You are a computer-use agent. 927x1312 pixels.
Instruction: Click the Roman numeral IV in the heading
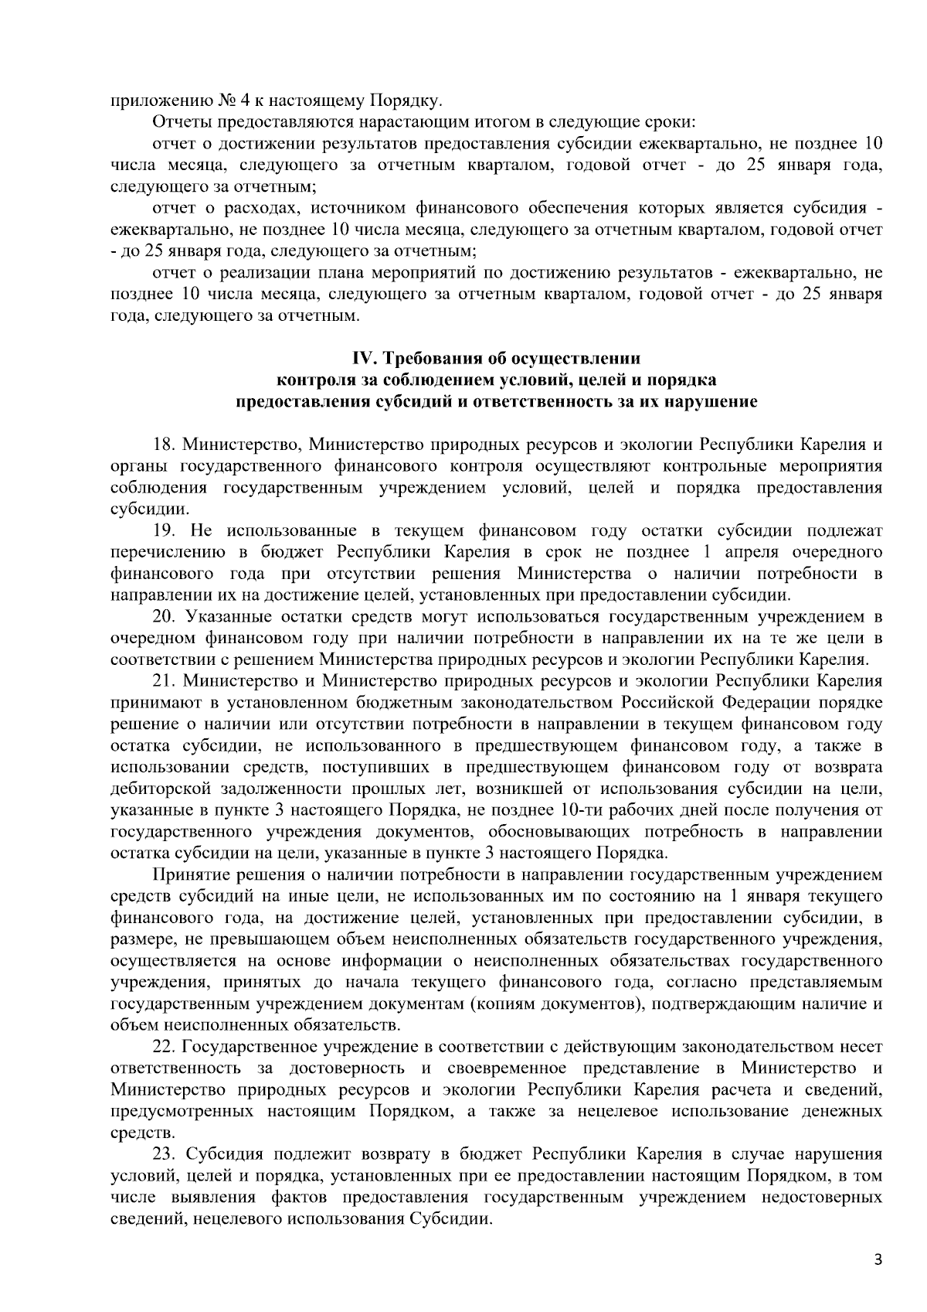pyautogui.click(x=362, y=359)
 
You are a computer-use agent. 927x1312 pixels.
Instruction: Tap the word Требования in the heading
pyautogui.click(x=423, y=359)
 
